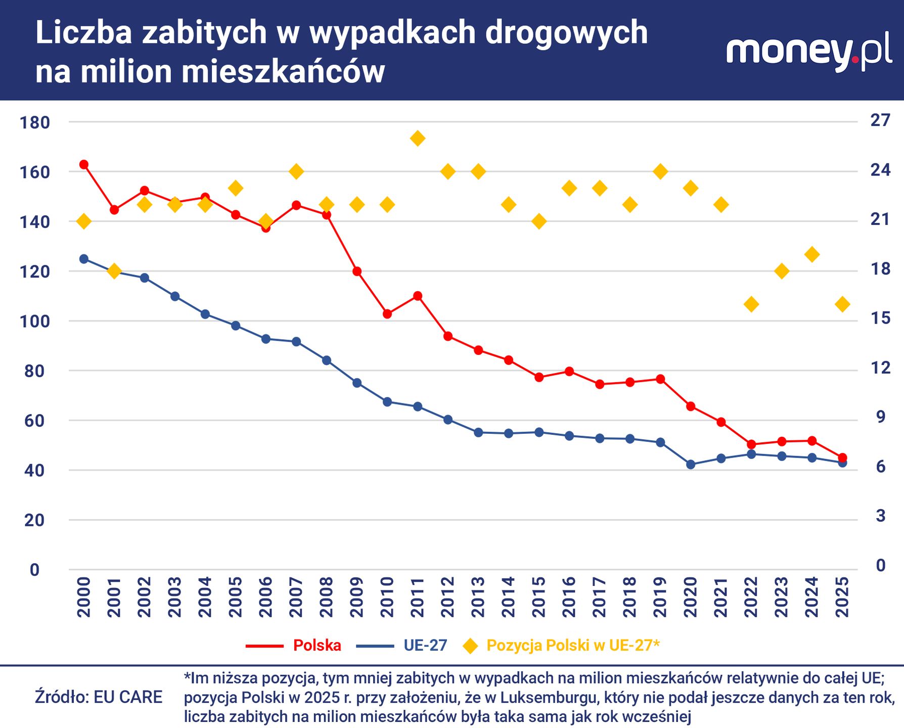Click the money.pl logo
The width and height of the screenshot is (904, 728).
click(x=809, y=53)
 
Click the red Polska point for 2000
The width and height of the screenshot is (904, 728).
click(x=84, y=164)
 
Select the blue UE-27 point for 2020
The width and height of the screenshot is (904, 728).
click(x=691, y=465)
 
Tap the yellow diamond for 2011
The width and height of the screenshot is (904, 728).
click(x=418, y=138)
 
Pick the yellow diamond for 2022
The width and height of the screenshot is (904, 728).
click(x=751, y=304)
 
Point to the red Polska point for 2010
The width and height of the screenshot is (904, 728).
click(x=387, y=314)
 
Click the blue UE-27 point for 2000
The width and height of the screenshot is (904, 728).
click(x=84, y=259)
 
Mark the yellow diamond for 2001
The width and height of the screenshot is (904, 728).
click(x=114, y=271)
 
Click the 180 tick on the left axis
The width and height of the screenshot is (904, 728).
click(x=34, y=122)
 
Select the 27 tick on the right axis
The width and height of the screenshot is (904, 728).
click(x=880, y=120)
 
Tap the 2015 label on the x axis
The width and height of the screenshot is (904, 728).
click(x=539, y=597)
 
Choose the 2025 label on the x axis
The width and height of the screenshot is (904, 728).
click(x=842, y=597)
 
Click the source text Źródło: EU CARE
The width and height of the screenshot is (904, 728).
click(x=99, y=697)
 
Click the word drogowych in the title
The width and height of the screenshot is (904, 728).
click(x=566, y=33)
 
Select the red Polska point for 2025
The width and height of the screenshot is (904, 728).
click(x=842, y=458)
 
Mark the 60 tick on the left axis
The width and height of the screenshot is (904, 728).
click(x=34, y=421)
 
